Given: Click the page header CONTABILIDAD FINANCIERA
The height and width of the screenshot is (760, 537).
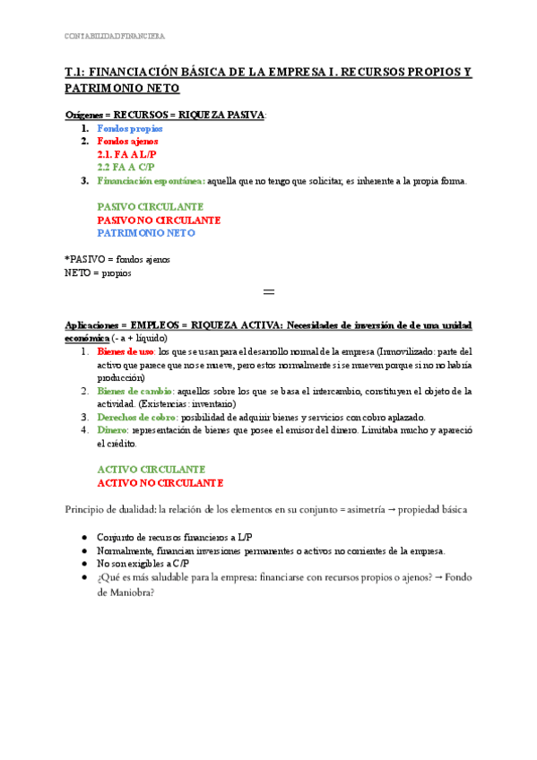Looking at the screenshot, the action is point(115,37).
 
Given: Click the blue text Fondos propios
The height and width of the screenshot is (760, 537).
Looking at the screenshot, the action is point(130,129).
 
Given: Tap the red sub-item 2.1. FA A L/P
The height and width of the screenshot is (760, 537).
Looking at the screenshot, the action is point(126,154).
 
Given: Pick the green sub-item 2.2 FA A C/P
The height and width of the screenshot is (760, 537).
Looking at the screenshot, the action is point(126,168).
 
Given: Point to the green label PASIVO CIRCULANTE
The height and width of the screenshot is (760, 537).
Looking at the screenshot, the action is point(150,207).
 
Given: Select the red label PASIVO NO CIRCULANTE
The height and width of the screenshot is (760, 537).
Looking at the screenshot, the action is point(159,220).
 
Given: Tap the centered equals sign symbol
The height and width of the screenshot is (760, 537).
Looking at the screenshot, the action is point(268,293).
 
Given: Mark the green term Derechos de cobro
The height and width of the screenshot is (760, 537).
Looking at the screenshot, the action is point(136,418).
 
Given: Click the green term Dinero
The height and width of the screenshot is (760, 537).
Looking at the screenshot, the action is point(112,431).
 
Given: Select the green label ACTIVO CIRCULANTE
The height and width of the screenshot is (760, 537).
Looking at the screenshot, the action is point(152,470).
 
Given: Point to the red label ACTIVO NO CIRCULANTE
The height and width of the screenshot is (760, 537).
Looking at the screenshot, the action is point(160,483).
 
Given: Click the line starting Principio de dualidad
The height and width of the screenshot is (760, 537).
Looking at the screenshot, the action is point(278,509).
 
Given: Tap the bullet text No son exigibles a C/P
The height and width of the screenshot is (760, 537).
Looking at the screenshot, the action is point(148,564).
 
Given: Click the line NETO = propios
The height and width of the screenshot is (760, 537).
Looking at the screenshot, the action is point(98,272).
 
